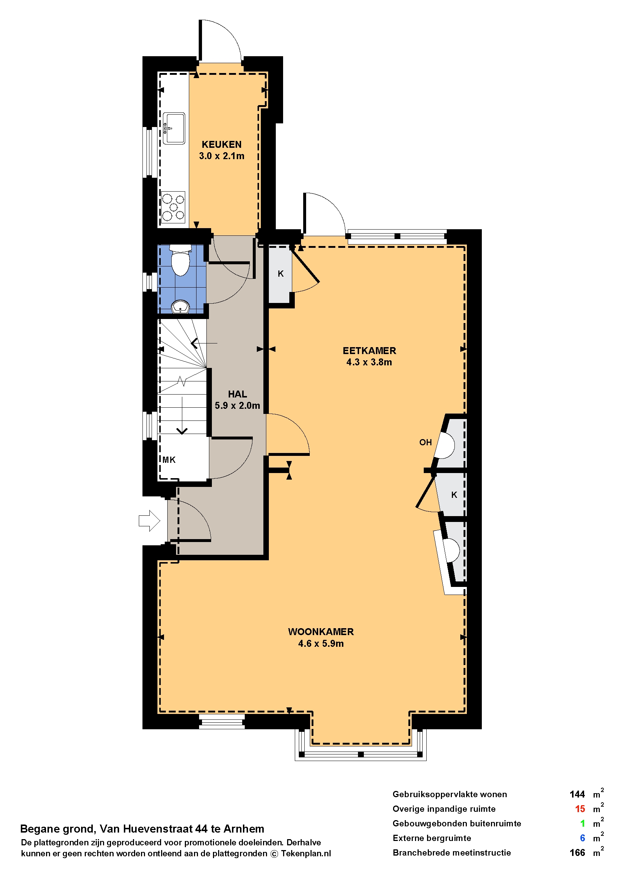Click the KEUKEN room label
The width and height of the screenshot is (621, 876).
(x=221, y=145)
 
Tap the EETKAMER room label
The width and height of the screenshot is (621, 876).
(x=369, y=351)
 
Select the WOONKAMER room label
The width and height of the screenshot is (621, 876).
(x=321, y=632)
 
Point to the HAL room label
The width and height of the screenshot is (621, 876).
(x=237, y=394)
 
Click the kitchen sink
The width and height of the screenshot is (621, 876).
(x=174, y=128)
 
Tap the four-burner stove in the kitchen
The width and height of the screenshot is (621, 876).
(x=173, y=207)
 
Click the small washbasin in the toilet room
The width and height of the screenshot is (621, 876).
(x=180, y=307)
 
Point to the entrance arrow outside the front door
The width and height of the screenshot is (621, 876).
(x=149, y=521)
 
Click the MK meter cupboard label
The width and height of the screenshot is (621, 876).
(x=169, y=460)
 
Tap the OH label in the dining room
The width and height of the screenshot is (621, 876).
(x=425, y=442)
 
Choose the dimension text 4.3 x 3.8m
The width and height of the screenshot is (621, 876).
(x=369, y=362)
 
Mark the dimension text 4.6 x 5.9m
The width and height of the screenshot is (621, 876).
(x=321, y=644)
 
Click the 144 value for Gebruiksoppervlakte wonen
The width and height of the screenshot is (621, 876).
(x=577, y=795)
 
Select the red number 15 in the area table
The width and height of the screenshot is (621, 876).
(x=580, y=809)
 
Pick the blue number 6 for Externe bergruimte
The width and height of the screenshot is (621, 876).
(x=582, y=838)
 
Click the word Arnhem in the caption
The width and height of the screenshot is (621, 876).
(x=244, y=829)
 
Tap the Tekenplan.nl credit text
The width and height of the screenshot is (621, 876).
(x=306, y=853)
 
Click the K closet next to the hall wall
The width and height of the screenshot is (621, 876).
(x=281, y=274)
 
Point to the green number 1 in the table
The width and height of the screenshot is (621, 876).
(x=583, y=824)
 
